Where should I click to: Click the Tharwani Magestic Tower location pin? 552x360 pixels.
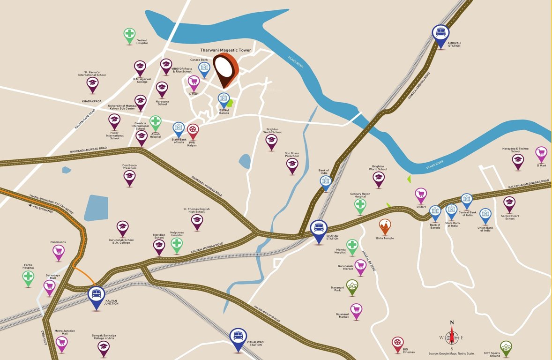click(226, 69)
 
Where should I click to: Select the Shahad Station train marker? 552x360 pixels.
click(319, 229)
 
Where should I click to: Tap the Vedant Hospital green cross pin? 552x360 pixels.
click(129, 34)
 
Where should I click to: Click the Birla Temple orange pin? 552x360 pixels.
click(385, 226)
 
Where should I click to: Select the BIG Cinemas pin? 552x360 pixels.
click(397, 343)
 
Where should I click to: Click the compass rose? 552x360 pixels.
click(452, 337)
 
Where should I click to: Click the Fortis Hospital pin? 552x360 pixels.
click(29, 277)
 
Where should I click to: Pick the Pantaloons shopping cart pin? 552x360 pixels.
click(59, 252)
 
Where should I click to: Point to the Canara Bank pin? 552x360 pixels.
click(204, 68)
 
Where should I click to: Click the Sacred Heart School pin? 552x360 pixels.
click(509, 203)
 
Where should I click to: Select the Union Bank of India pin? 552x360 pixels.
click(485, 215)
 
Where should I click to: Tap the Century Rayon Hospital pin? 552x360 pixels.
click(360, 205)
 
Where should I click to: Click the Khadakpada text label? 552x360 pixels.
click(91, 101)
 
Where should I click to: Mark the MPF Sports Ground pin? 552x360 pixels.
click(506, 347)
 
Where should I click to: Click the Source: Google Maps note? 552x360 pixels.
click(452, 353)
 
